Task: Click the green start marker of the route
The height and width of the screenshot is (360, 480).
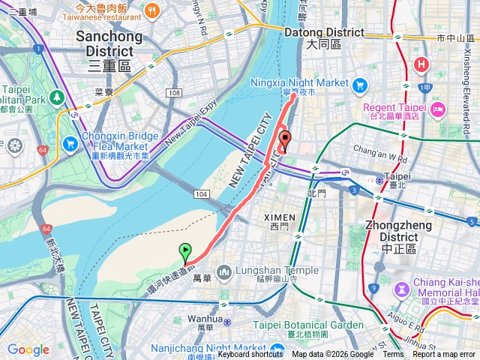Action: click(184, 252)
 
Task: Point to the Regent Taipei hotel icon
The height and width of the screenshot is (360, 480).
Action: click(439, 109)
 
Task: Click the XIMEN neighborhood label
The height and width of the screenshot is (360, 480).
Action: click(280, 217)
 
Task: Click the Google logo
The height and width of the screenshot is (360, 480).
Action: click(28, 349)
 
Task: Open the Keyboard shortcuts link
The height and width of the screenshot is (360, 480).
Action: click(250, 355)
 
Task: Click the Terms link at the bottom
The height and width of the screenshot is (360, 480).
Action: click(393, 355)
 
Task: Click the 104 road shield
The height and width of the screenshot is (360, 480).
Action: click(201, 194)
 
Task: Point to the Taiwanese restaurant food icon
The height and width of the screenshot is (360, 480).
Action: click(152, 10)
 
